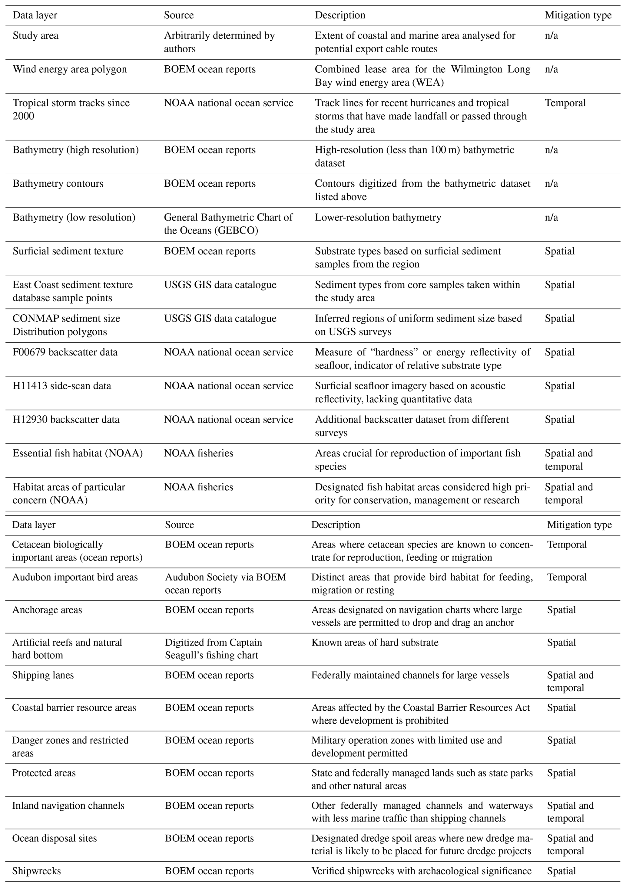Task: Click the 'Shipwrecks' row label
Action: click(36, 870)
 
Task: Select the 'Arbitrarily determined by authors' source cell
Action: click(219, 42)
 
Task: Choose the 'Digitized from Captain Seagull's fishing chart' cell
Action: click(214, 649)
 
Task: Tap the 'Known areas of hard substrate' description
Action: click(375, 643)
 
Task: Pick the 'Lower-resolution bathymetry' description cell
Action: click(378, 217)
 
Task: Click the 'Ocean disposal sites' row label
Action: click(55, 838)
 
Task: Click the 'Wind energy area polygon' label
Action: click(70, 69)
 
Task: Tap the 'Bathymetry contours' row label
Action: click(58, 184)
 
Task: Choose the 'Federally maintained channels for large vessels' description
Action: click(410, 675)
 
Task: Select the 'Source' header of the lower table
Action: click(179, 525)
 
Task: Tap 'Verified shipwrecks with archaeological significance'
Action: click(422, 870)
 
